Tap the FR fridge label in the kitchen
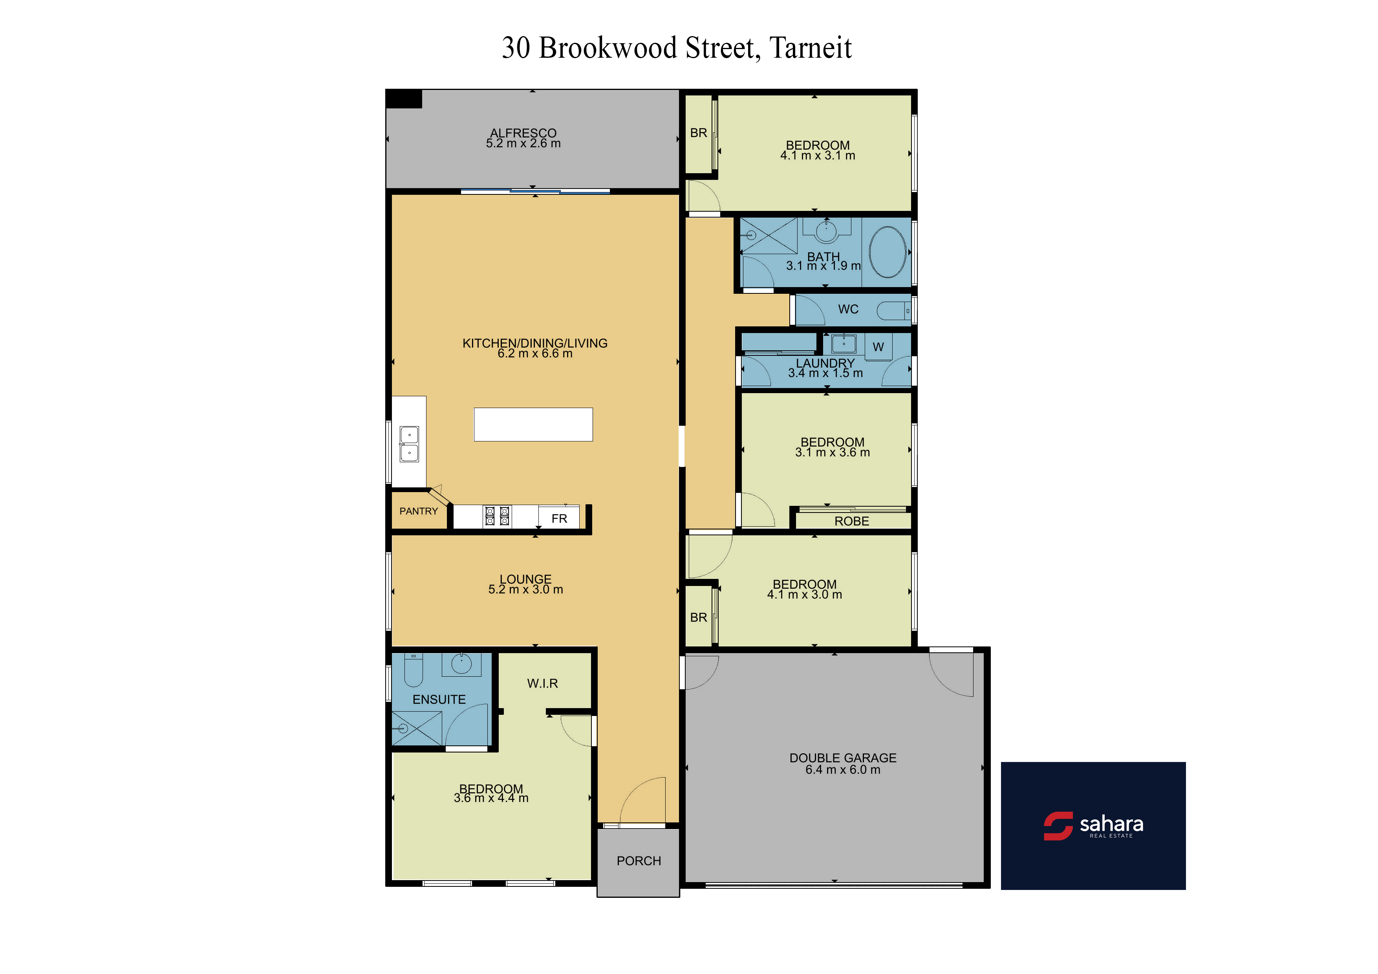(559, 518)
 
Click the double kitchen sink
(409, 444)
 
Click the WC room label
(848, 309)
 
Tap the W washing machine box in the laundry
(878, 347)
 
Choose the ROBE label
(852, 521)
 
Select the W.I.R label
(543, 683)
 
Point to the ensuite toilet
(414, 670)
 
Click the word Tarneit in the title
(810, 48)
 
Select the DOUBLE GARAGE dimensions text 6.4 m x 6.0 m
(843, 770)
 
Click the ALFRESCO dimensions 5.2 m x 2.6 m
(523, 143)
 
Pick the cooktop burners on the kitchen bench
(498, 516)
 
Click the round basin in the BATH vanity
(826, 231)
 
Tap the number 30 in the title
(516, 48)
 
